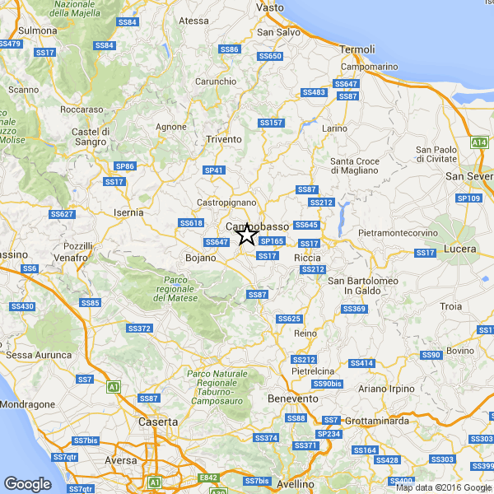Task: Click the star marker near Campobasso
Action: (246, 235)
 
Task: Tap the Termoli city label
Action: (357, 49)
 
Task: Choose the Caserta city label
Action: (157, 422)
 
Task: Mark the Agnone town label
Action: (171, 127)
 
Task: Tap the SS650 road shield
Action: (270, 56)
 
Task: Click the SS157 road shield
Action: (270, 123)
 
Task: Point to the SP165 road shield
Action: (272, 241)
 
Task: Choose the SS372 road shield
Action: (139, 329)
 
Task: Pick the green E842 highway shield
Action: (208, 478)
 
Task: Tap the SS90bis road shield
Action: (326, 384)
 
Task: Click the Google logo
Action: (27, 484)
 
